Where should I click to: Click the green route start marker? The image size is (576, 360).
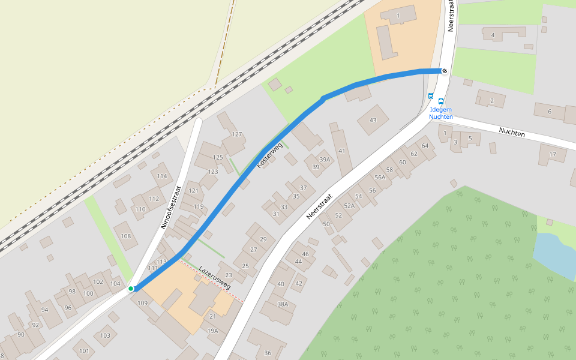pos(131,289)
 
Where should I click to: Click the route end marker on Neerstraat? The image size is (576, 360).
pos(445,71)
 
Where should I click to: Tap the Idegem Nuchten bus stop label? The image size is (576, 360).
pos(440,113)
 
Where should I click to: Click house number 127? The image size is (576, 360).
pos(237,134)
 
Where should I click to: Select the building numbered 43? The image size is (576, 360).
pos(373,121)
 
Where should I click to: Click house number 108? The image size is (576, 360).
pos(126,236)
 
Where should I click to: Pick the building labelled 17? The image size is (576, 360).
pos(553,154)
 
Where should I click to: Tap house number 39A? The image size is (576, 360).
pos(325,160)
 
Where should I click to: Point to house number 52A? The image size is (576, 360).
pos(349,206)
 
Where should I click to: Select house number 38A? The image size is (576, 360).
pos(283,304)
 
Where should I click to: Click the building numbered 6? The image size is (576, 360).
pos(550,112)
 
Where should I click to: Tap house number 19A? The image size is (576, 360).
pos(213,331)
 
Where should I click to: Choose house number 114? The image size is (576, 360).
pos(161,176)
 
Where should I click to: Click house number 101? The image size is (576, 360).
pos(84,350)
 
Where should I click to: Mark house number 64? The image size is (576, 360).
pos(425,146)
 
